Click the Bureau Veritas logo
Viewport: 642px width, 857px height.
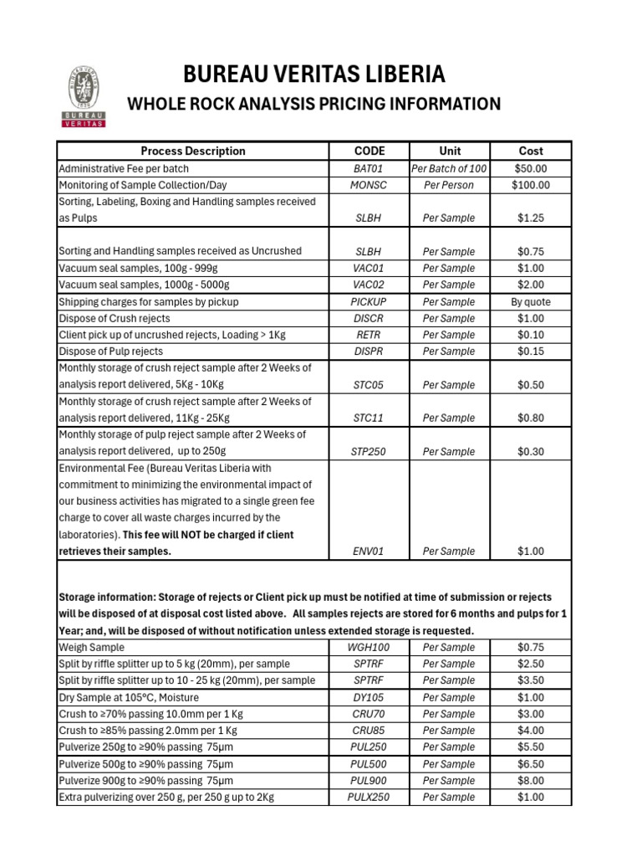85,97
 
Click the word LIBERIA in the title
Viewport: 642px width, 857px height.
395,74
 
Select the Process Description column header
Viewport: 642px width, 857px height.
193,151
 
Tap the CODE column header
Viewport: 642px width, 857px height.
369,151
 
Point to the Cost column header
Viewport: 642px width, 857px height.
531,151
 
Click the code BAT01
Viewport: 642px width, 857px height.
369,168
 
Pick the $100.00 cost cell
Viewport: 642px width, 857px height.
531,185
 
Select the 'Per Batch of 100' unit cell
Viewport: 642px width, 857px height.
449,168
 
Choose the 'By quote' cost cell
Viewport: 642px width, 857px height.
531,301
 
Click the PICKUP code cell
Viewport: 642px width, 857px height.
369,301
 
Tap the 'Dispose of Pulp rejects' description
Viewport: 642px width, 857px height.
111,352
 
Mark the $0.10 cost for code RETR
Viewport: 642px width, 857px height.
531,335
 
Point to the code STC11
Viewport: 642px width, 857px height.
369,418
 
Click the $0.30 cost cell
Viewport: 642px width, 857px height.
531,451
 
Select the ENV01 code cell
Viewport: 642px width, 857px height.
369,552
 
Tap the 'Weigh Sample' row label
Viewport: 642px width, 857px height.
91,647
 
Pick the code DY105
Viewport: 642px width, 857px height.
369,697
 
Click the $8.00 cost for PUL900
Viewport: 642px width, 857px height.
531,780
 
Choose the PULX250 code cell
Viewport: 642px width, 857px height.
369,797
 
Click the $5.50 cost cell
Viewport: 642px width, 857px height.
531,747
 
